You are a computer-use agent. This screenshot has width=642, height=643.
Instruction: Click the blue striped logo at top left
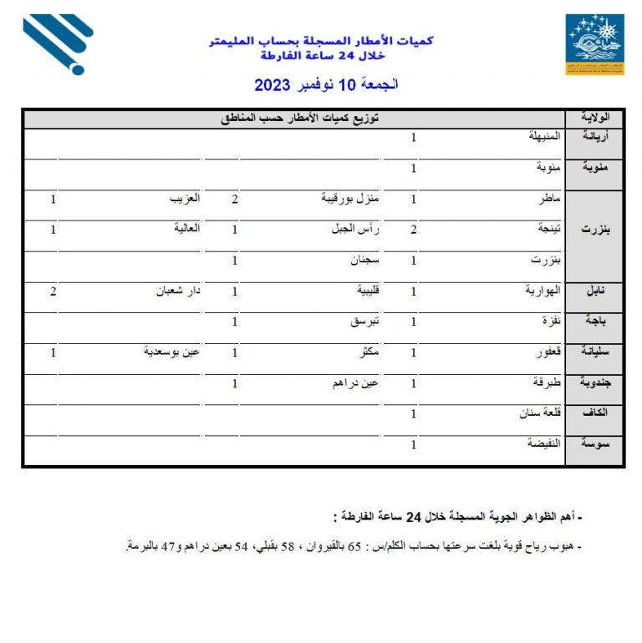(57, 43)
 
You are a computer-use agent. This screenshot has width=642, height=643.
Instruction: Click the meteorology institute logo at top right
(594, 44)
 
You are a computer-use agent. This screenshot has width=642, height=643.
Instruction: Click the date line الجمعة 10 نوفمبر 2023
(326, 85)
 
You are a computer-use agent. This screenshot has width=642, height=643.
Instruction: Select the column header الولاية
(594, 118)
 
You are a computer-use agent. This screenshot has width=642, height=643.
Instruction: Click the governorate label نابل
(596, 291)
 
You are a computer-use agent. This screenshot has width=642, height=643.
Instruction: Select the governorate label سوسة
(594, 445)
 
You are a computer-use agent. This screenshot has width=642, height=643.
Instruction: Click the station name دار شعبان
(177, 291)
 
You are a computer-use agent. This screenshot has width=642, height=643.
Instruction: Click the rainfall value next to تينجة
(413, 230)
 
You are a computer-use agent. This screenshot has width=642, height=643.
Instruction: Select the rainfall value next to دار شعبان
(53, 291)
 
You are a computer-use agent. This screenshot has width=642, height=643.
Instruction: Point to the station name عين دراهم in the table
(357, 383)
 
